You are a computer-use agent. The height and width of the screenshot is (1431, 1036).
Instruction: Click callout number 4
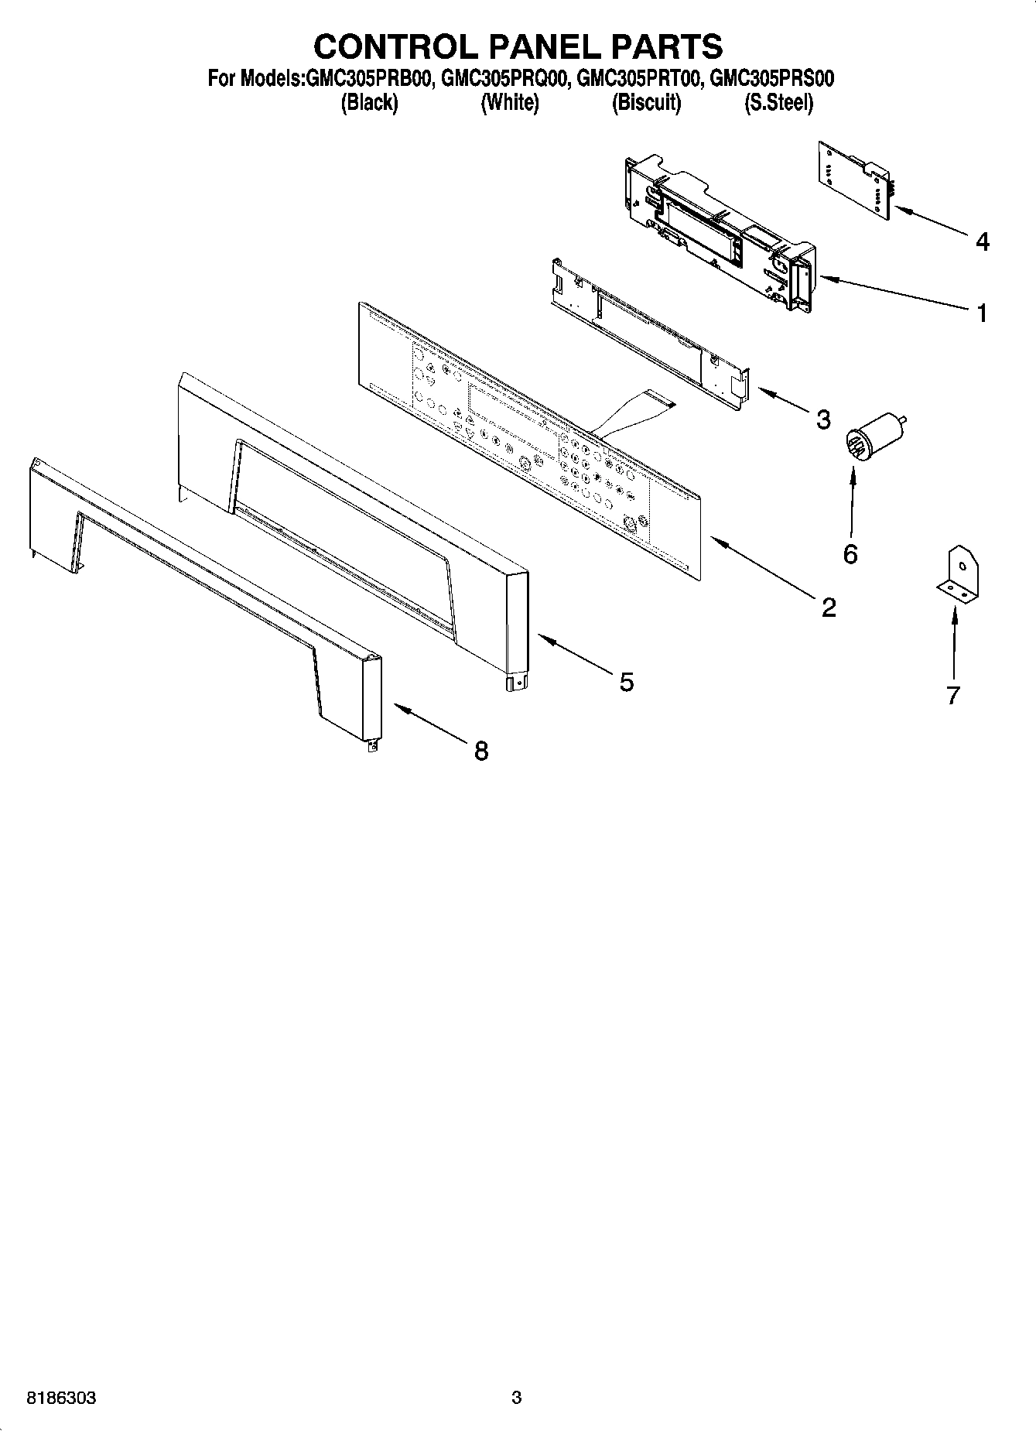tap(982, 242)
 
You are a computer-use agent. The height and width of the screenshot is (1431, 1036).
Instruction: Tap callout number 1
tap(982, 313)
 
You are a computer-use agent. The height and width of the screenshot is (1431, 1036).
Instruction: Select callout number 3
tap(823, 419)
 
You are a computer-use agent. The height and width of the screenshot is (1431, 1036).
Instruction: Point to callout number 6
tap(850, 554)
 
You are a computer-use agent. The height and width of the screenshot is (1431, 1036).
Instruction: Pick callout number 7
tap(952, 694)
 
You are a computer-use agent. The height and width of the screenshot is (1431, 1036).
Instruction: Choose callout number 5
tap(626, 682)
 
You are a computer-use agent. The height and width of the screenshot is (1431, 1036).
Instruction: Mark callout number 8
tap(481, 750)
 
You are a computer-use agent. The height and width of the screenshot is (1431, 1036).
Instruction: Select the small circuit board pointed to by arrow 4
tap(855, 180)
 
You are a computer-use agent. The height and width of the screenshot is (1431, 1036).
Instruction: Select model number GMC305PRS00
tap(771, 80)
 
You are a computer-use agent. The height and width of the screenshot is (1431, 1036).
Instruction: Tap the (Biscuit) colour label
tap(646, 103)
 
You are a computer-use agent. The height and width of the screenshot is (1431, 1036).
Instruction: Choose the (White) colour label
tap(509, 103)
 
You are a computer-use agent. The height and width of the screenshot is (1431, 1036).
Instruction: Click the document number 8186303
tap(61, 1398)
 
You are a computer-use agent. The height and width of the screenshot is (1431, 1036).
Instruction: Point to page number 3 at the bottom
tap(516, 1398)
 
